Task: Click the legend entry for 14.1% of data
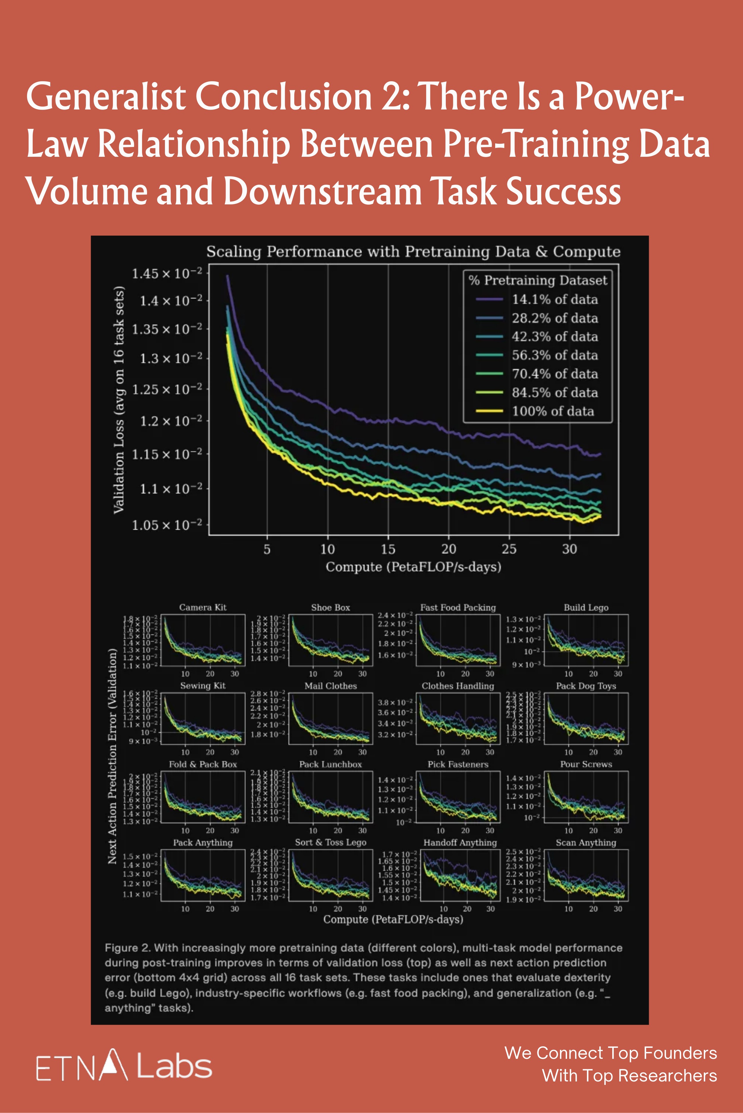(554, 299)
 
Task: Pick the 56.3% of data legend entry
(554, 355)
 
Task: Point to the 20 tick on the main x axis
(449, 549)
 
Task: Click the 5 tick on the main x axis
(267, 549)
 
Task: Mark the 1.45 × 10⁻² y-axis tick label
(167, 274)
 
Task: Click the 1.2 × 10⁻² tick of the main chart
(171, 421)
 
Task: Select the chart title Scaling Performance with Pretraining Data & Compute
(413, 251)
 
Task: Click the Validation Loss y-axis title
(119, 400)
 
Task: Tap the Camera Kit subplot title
(203, 608)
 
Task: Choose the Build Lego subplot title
(586, 608)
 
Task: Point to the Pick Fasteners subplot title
(458, 764)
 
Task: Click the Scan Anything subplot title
(586, 842)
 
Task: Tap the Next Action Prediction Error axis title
(112, 756)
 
